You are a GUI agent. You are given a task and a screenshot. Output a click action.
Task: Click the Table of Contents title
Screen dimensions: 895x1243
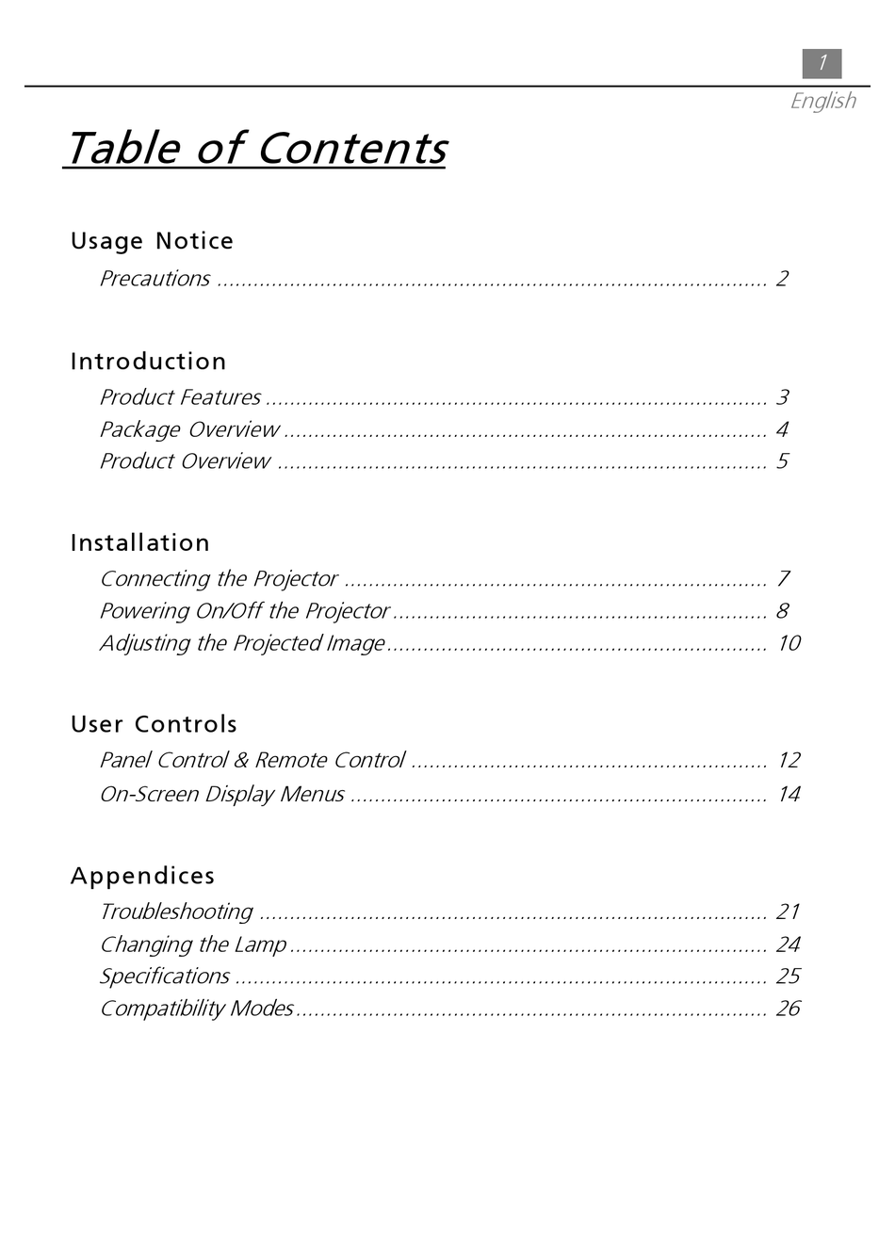tap(255, 148)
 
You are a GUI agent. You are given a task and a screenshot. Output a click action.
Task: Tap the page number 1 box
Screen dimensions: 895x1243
tap(822, 63)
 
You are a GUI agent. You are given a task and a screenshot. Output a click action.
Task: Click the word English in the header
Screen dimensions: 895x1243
tap(822, 101)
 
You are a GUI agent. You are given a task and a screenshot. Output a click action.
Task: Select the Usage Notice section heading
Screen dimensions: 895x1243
tap(152, 241)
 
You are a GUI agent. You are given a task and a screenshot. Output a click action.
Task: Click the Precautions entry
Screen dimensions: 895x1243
tap(155, 279)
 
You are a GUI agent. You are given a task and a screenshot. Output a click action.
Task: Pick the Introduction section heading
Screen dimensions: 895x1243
tap(148, 362)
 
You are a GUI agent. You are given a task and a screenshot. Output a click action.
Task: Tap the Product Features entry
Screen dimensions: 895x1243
tap(180, 397)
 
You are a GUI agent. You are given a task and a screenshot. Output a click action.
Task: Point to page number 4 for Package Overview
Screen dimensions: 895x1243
tap(782, 429)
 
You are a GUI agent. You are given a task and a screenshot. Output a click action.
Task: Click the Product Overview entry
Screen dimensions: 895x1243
tap(185, 461)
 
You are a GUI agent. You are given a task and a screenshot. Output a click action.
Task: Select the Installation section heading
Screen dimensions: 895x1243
tap(140, 543)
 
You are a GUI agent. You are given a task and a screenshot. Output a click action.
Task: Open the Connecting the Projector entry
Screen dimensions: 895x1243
tap(219, 579)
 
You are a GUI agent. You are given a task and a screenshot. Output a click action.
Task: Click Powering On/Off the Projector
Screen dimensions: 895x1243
tap(244, 611)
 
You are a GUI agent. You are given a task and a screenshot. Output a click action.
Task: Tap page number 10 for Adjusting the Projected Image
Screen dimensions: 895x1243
tap(789, 643)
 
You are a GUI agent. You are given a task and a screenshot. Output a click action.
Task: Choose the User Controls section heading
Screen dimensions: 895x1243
tap(154, 724)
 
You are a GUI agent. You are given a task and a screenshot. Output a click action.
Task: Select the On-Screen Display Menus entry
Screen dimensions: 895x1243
tap(222, 795)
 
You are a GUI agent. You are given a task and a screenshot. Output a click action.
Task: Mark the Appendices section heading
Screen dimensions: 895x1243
tap(142, 876)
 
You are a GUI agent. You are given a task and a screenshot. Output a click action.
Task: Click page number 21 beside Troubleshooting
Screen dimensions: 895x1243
tap(788, 912)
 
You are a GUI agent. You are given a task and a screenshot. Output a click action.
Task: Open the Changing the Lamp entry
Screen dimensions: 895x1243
tap(193, 944)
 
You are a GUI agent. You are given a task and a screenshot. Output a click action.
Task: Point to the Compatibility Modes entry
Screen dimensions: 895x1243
tap(197, 1009)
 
